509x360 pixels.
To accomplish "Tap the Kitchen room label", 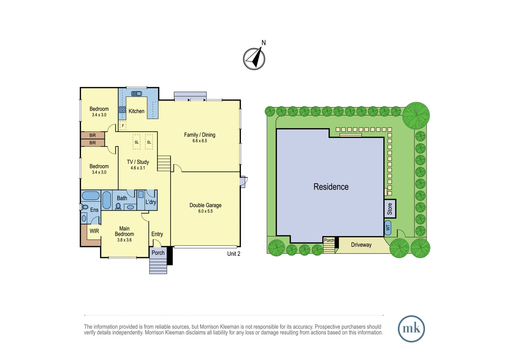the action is [136, 111].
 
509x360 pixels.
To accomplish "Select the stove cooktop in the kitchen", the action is [122, 110].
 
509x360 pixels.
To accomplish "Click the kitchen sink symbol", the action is [136, 93].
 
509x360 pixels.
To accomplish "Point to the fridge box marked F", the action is [123, 126].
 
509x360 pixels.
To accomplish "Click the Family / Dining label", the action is [200, 135].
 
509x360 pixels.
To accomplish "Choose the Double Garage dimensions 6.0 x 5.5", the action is [206, 211].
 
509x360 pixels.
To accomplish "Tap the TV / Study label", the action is [138, 162].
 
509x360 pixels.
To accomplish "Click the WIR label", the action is [94, 231].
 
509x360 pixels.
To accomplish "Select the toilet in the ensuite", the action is [85, 207].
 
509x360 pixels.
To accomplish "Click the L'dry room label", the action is [151, 202].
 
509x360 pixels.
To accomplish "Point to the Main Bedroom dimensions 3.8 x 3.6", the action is [124, 240].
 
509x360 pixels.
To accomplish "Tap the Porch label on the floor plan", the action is [158, 253].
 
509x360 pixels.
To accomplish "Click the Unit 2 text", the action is [234, 254].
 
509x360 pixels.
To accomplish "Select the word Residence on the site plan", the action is [331, 187].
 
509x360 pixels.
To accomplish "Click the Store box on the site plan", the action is [390, 209].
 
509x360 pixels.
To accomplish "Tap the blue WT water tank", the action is [388, 228].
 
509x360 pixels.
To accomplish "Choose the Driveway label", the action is [361, 245].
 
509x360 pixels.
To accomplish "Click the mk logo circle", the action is [411, 329].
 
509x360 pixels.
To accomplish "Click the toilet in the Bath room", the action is [118, 206].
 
